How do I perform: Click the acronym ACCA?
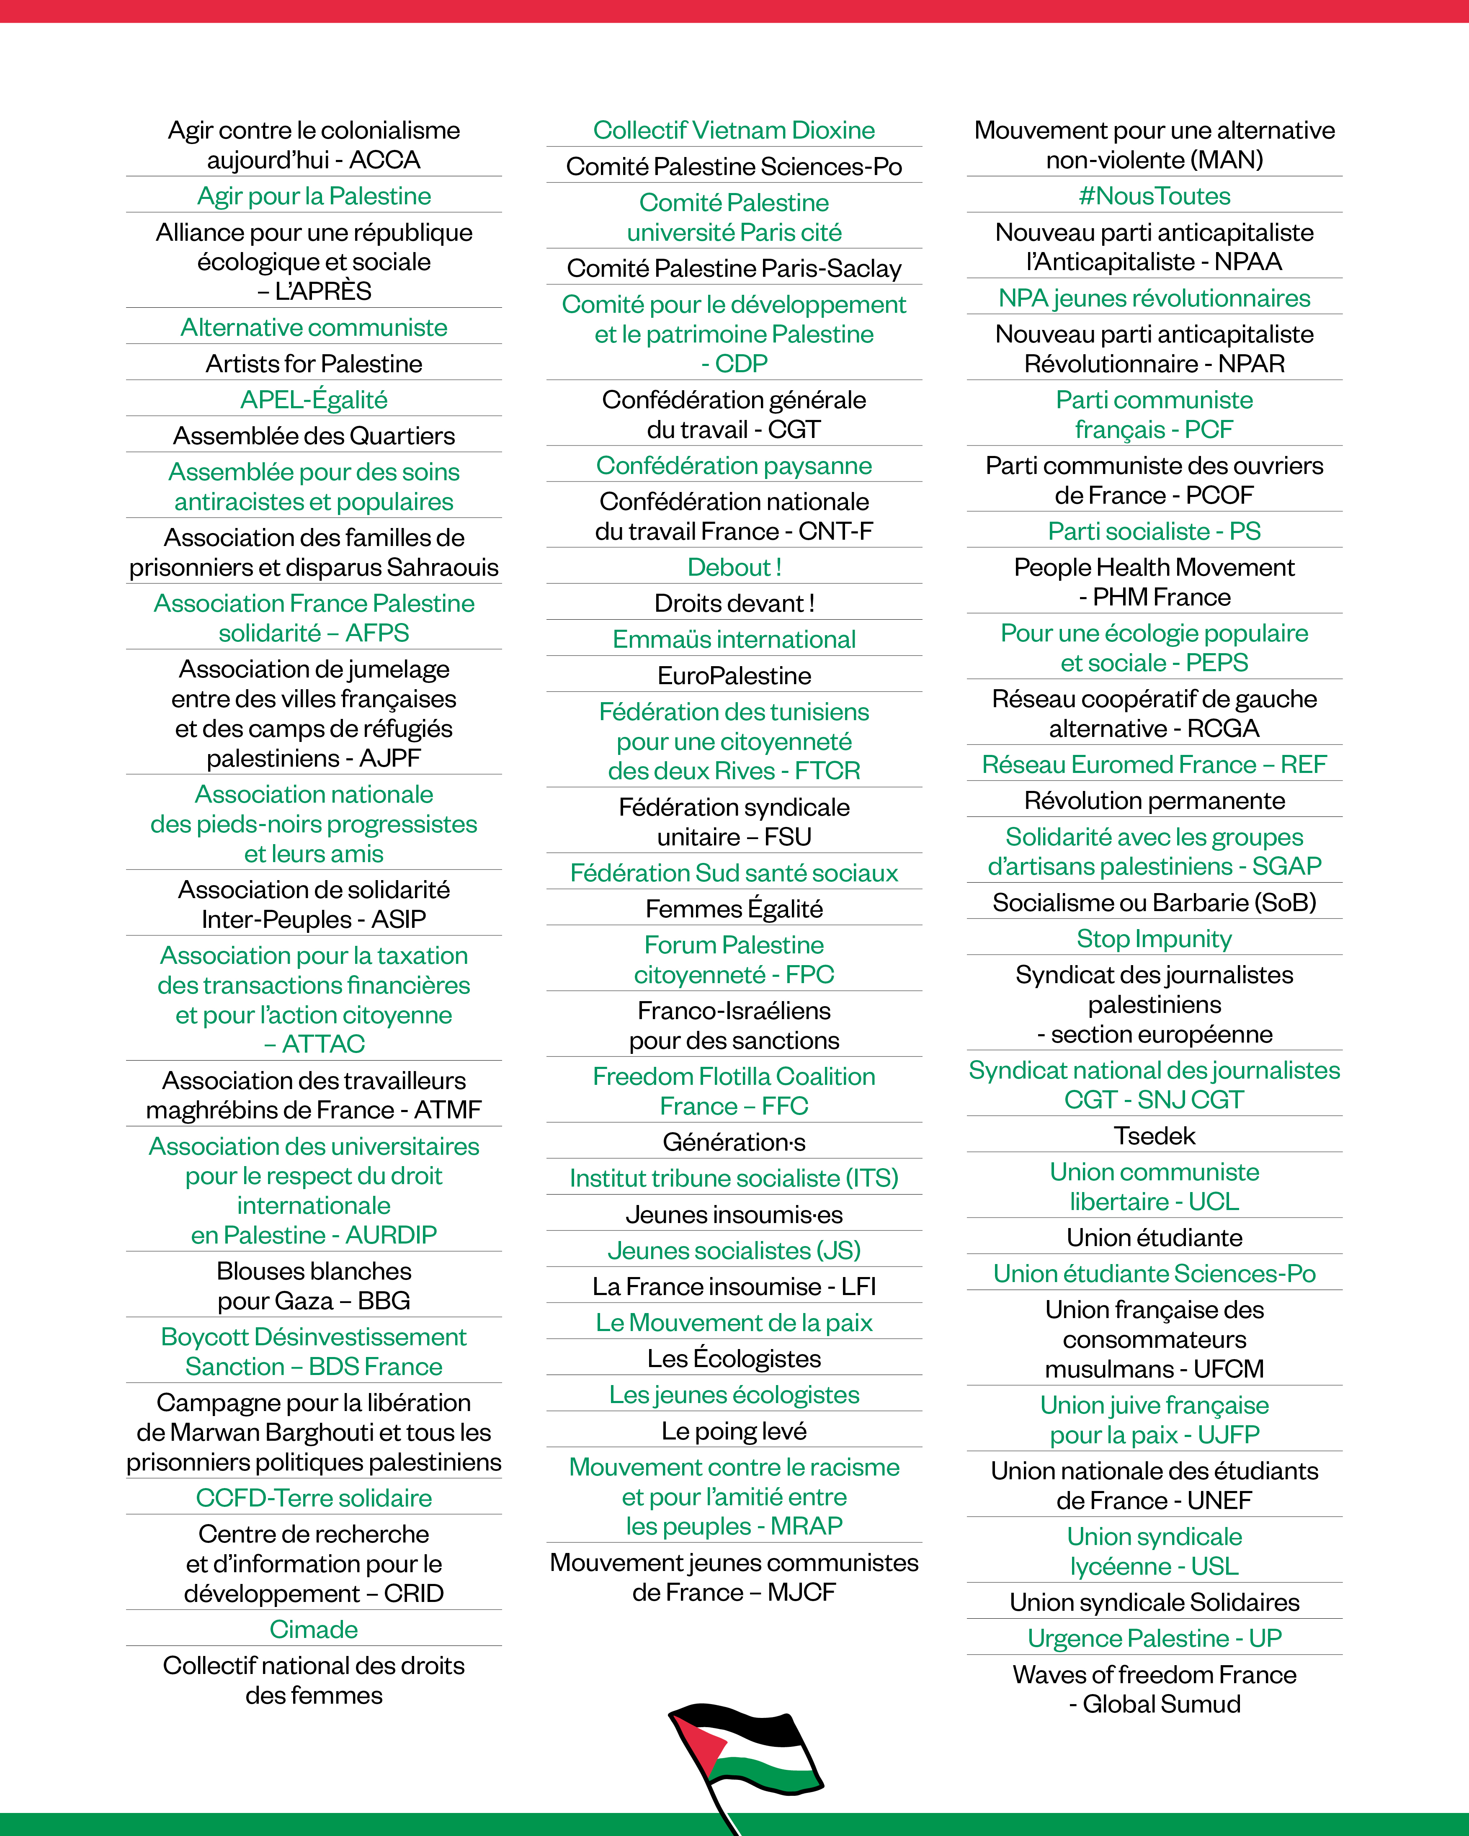(385, 160)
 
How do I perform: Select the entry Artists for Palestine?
(313, 363)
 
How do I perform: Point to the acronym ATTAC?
(324, 1044)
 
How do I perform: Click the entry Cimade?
(313, 1629)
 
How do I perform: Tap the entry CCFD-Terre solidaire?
(313, 1498)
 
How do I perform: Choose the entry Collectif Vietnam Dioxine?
(734, 130)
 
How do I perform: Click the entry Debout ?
(734, 567)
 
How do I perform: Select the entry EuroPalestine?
(734, 675)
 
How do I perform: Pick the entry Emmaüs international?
(734, 639)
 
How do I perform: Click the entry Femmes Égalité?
(734, 909)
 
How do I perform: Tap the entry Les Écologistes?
(734, 1358)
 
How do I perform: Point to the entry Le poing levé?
(734, 1431)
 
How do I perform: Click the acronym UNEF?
(1219, 1501)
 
